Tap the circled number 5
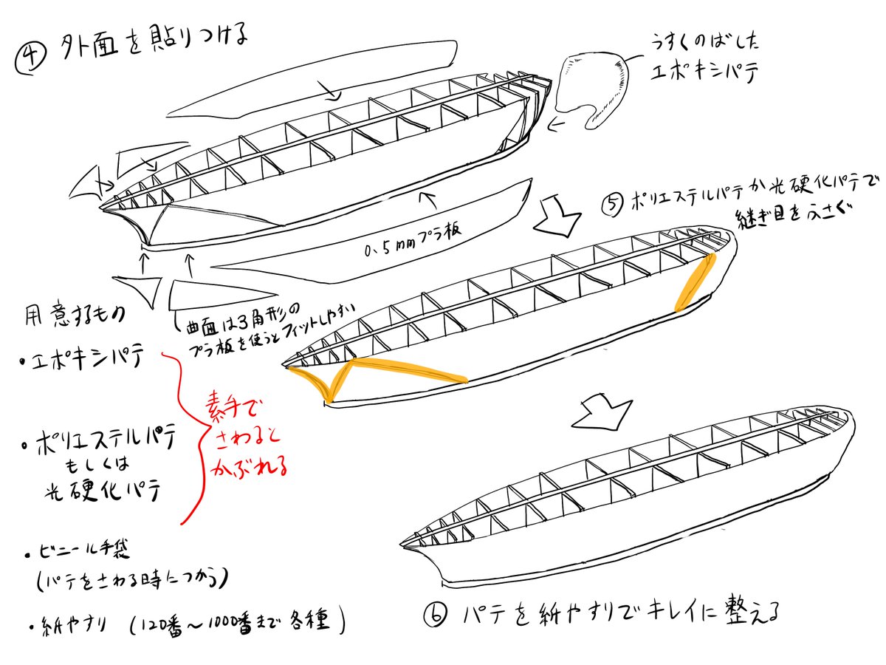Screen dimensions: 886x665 [613, 204]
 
